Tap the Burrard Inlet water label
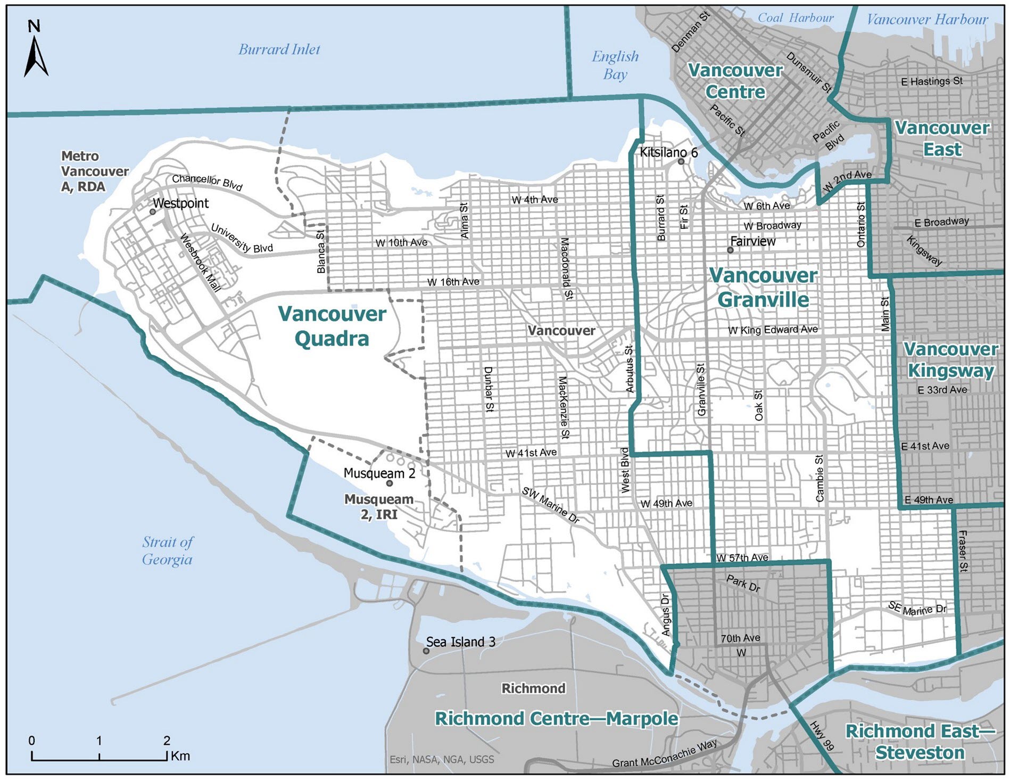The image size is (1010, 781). pos(279,50)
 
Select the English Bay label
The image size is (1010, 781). pos(615,65)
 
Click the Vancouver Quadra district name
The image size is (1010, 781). pos(332,326)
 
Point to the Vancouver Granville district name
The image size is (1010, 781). pos(763,287)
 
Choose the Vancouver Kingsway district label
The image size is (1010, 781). pos(950,360)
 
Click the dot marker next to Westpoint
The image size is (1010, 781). pos(153,211)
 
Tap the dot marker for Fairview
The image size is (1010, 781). pos(731,250)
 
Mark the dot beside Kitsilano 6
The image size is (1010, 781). pos(681,161)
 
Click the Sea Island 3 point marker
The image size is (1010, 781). pos(426,651)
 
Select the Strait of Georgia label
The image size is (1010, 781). pos(167,550)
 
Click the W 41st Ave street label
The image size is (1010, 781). pos(531,453)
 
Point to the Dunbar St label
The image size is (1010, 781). pos(489,389)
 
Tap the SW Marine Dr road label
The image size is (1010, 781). pos(550,505)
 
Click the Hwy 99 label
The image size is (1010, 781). pos(822,736)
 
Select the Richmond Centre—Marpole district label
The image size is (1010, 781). pos(556,719)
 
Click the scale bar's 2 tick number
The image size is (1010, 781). pos(167,741)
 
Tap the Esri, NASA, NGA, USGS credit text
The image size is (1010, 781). pos(442,759)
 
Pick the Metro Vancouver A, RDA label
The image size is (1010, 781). pos(94,171)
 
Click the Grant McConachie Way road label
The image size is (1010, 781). pos(664,754)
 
